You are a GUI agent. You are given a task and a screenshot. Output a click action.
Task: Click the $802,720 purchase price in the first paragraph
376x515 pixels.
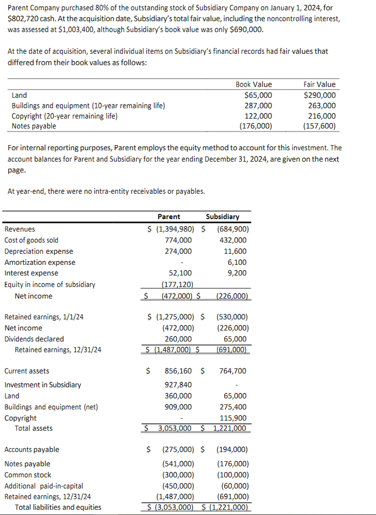(24, 18)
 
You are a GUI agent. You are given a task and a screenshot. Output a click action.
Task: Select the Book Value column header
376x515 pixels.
(253, 84)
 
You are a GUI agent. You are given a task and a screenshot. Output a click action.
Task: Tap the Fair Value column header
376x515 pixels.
(319, 84)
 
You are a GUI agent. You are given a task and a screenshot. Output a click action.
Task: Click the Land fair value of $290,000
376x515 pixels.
(319, 95)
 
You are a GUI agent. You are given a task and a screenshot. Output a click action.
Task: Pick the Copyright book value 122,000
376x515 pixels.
(257, 116)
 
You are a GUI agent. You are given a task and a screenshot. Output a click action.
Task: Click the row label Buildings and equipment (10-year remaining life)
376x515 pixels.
(88, 106)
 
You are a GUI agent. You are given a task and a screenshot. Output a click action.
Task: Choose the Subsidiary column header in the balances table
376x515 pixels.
(222, 217)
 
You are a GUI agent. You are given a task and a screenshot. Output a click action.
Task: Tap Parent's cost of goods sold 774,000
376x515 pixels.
(178, 240)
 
